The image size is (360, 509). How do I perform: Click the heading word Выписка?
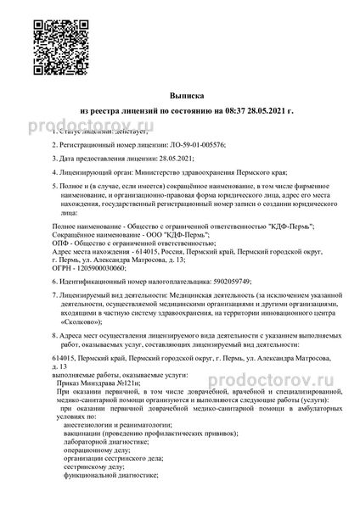(x=180, y=98)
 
